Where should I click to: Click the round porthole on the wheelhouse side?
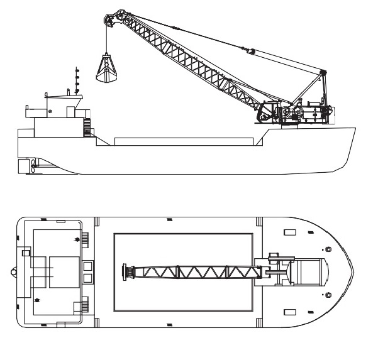pyautogui.click(x=48, y=111)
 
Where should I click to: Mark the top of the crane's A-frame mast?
pyautogui.click(x=323, y=74)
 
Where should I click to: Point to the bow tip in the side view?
pyautogui.click(x=355, y=128)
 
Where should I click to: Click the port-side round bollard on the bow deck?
pyautogui.click(x=326, y=250)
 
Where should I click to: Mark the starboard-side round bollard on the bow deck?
pyautogui.click(x=326, y=294)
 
